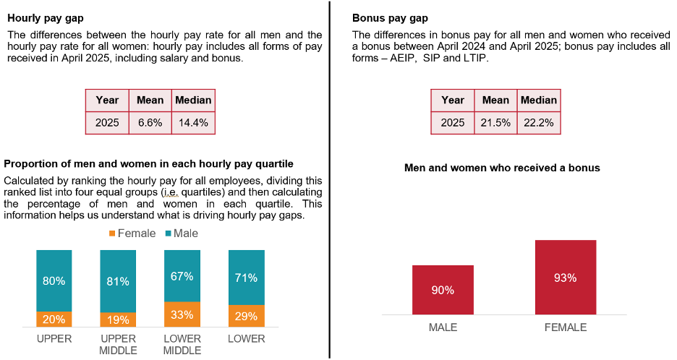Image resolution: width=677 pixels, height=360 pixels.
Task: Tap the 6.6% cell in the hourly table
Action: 150,123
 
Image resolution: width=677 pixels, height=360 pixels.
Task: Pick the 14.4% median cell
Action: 193,123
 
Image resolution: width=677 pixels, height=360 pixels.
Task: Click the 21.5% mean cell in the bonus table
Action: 495,123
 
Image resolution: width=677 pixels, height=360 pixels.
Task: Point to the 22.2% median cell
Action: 538,123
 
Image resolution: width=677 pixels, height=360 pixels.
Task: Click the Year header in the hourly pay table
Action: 107,100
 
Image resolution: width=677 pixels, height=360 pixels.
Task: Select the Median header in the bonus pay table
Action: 538,100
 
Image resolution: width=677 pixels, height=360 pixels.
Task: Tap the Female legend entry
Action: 132,233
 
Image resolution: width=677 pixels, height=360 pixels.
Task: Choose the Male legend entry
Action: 181,233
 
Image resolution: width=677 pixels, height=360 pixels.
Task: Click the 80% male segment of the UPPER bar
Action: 54,280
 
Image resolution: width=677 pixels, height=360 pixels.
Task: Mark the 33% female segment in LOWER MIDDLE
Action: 182,314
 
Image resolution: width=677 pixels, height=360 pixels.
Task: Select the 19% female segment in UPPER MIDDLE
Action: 118,320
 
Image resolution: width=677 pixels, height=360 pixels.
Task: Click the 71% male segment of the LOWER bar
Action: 246,278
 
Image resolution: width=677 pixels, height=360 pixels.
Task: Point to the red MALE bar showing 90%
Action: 443,290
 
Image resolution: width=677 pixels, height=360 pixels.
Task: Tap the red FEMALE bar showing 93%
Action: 566,278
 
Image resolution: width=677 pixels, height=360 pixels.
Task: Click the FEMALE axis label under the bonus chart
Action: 566,327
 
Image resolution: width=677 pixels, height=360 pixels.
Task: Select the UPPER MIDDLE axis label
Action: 118,343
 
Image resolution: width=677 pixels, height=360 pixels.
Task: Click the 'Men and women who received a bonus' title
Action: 502,168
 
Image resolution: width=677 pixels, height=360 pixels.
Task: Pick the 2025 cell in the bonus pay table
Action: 453,123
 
